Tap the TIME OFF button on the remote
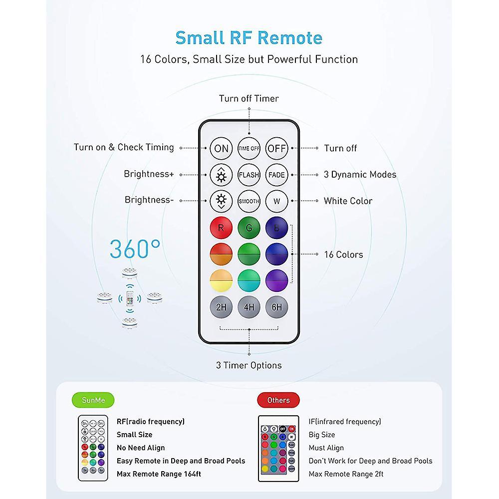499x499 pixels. (x=249, y=148)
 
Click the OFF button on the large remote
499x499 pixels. (x=276, y=148)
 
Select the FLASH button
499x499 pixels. (x=249, y=175)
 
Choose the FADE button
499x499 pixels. (x=276, y=175)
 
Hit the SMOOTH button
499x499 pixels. (x=249, y=201)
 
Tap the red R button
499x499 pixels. (x=221, y=228)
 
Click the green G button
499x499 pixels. (x=249, y=228)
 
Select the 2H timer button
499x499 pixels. (x=221, y=307)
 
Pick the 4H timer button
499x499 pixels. (x=249, y=307)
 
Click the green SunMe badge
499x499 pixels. (x=93, y=400)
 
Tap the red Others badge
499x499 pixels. (x=278, y=400)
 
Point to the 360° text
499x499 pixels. (x=135, y=249)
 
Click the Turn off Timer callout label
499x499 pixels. (x=249, y=99)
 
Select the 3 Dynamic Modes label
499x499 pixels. (x=360, y=174)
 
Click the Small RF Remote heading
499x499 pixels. (x=249, y=37)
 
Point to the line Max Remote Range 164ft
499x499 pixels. (x=159, y=474)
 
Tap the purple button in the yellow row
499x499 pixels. (x=276, y=280)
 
